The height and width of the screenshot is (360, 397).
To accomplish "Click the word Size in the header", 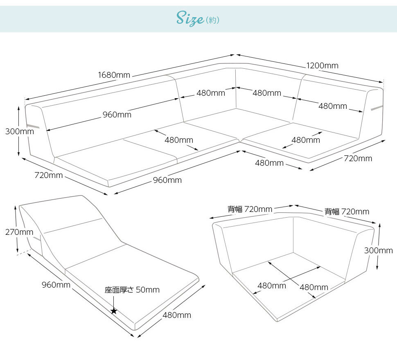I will point(190,18).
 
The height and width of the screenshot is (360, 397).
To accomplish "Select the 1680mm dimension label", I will point(114,75).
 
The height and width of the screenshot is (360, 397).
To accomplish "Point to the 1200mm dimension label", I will point(322,65).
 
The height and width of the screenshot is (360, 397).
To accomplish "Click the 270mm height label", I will point(19,232).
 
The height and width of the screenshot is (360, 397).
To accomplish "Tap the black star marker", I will point(114,311).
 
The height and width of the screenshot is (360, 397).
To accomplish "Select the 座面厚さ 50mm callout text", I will point(132,290).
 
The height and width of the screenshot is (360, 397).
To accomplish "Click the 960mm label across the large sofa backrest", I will point(117,115).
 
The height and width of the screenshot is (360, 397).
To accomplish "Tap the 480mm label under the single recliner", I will point(177,315).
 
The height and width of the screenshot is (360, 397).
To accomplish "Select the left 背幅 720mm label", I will point(250,209).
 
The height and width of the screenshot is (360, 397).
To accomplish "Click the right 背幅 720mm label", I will point(347,211).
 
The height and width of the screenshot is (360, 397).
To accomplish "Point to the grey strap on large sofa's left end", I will point(33,126).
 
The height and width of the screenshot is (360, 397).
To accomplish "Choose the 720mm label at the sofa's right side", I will point(358,158).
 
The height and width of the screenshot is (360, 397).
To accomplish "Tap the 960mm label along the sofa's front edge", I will point(167,180).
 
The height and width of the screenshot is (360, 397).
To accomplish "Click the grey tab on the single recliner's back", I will point(37,238).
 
